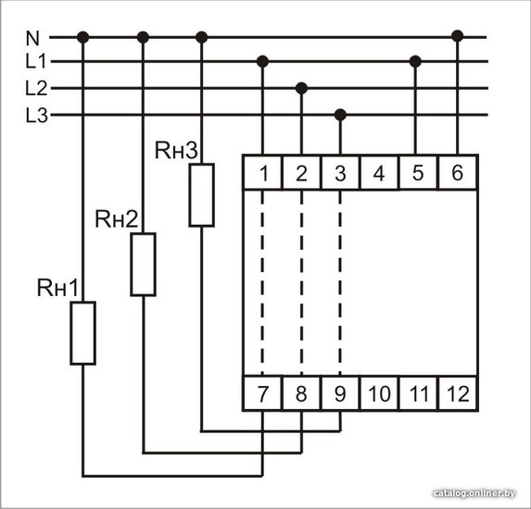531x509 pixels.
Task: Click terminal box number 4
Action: pos(379,172)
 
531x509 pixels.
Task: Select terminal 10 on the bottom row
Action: pos(379,393)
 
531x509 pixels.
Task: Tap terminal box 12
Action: pos(458,393)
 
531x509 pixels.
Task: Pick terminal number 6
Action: pos(458,172)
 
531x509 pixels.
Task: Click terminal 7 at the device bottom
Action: pos(262,393)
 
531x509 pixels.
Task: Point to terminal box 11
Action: pos(418,393)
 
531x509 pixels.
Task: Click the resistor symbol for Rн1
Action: pos(83,333)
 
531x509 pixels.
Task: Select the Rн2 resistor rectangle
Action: pos(144,264)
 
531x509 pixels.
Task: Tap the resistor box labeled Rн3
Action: pos(201,194)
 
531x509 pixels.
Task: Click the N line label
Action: pos(32,38)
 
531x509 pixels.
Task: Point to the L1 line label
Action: pos(35,62)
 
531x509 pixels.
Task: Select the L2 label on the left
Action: pos(36,88)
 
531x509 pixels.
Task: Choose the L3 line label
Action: pos(36,116)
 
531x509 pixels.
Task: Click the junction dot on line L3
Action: pos(340,115)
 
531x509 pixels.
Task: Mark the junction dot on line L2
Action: pos(301,88)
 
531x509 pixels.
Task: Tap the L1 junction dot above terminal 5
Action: pos(415,62)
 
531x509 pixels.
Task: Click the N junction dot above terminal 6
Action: pos(458,36)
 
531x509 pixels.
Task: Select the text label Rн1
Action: pos(57,288)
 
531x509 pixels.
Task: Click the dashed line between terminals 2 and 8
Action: pos(301,283)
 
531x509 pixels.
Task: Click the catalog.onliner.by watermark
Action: pos(474,493)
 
